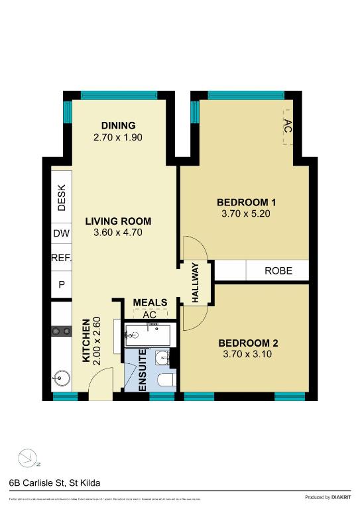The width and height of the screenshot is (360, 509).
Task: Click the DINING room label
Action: click(119, 126)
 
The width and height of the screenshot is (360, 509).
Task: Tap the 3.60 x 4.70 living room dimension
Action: click(118, 233)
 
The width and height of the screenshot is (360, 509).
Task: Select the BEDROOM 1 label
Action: click(246, 202)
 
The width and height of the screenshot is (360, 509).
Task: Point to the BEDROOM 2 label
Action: click(248, 343)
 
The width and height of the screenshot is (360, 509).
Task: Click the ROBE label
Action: click(278, 270)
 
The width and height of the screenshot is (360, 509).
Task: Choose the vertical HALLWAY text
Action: click(196, 283)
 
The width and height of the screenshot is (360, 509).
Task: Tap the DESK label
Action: click(62, 198)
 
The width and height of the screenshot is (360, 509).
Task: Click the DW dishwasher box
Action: click(62, 234)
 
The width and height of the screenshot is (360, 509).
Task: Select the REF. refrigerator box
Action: click(62, 258)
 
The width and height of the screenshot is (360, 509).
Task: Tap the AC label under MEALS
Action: click(150, 314)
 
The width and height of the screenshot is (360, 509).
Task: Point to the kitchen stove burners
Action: click(62, 331)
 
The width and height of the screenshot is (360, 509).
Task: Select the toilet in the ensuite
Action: click(166, 380)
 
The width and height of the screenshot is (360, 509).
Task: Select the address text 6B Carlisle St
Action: click(54, 484)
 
